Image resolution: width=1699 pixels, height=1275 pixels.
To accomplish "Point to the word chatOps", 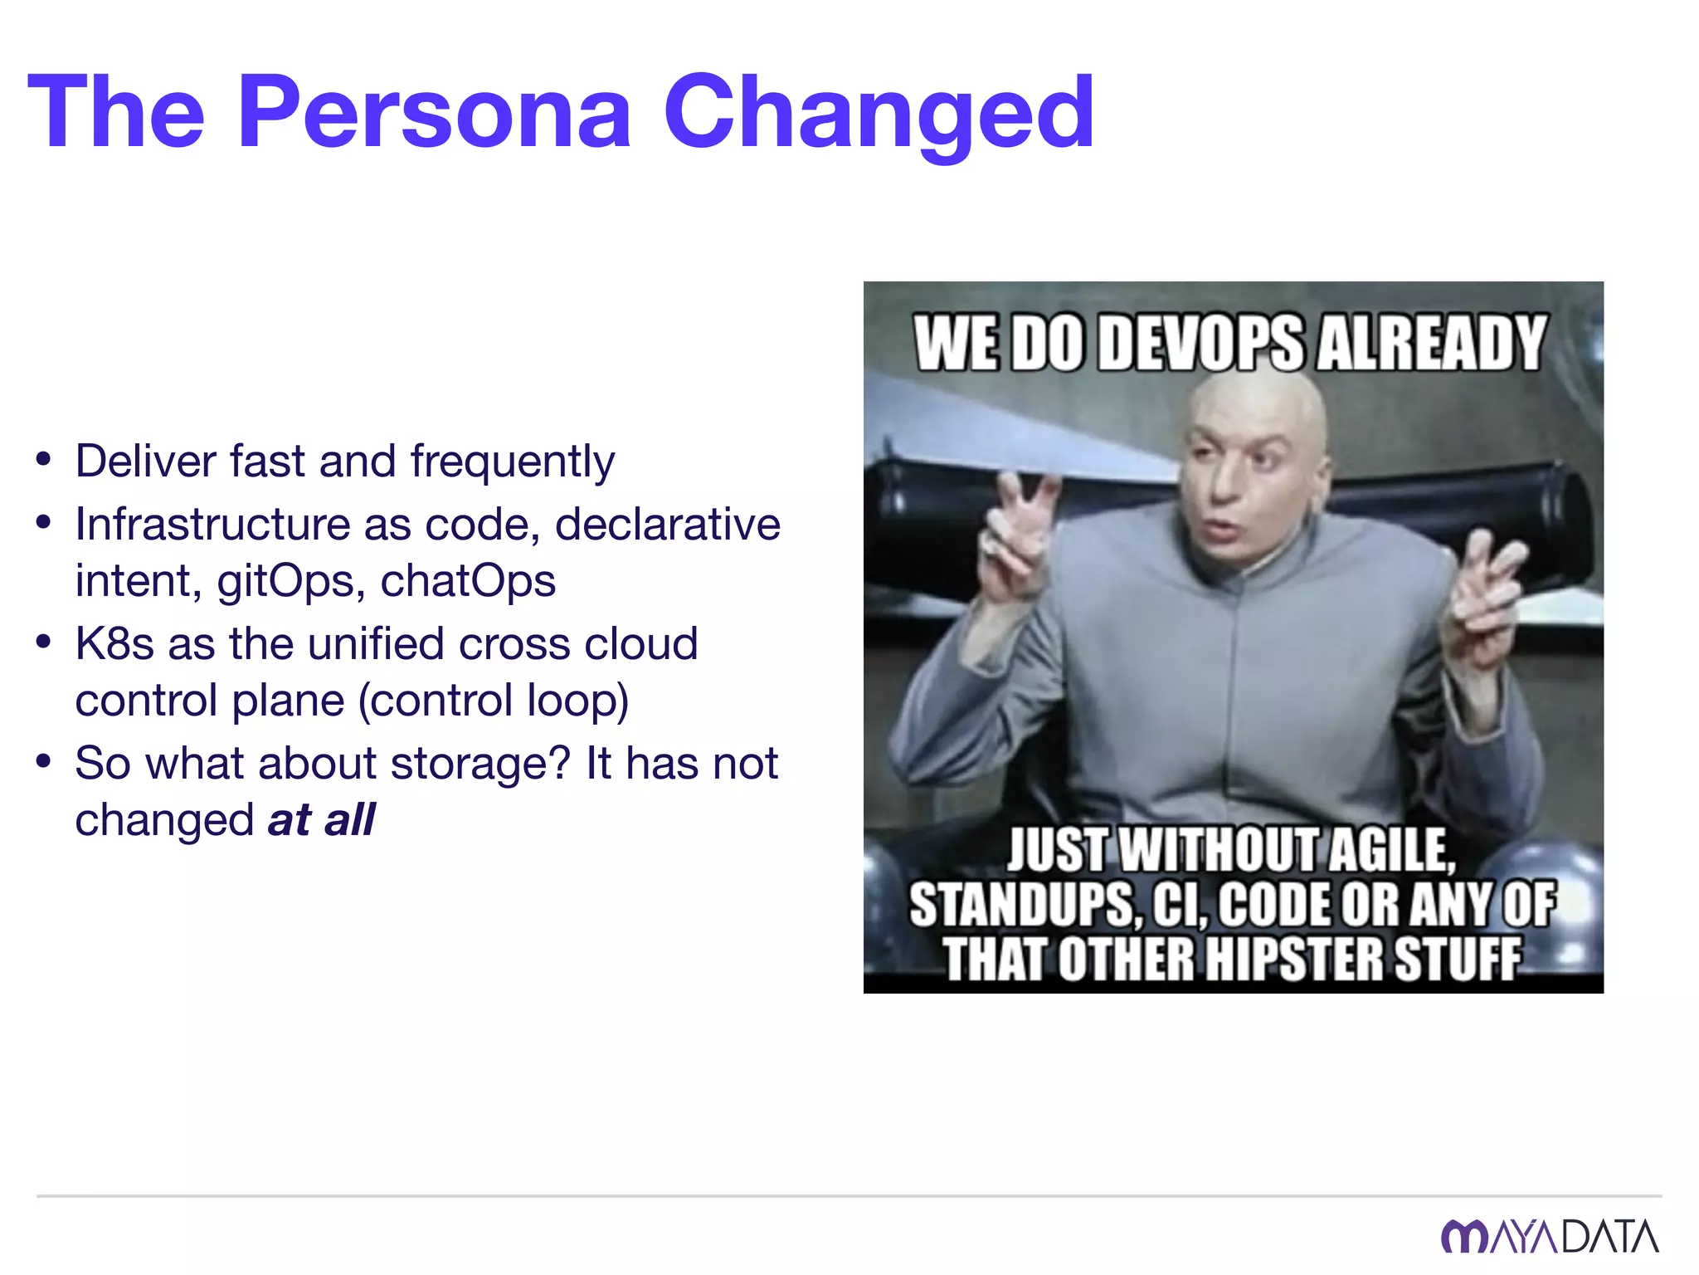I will (x=468, y=581).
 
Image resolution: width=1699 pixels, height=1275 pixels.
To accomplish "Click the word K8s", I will (x=114, y=644).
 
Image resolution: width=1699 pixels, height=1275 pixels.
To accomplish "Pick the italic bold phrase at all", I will (x=322, y=820).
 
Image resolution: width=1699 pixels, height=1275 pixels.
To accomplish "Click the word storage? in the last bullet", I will (x=481, y=764).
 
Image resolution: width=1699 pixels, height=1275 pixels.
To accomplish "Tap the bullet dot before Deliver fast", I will (x=44, y=459).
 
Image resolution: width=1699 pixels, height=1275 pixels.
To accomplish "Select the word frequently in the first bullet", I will (x=512, y=462).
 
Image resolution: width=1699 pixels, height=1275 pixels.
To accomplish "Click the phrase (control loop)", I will (x=494, y=701).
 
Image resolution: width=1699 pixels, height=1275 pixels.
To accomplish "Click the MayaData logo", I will (x=1549, y=1236).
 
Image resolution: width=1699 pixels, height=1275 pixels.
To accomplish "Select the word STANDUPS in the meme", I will (x=1021, y=905).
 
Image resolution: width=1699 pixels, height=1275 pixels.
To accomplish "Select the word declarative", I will (x=667, y=525).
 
